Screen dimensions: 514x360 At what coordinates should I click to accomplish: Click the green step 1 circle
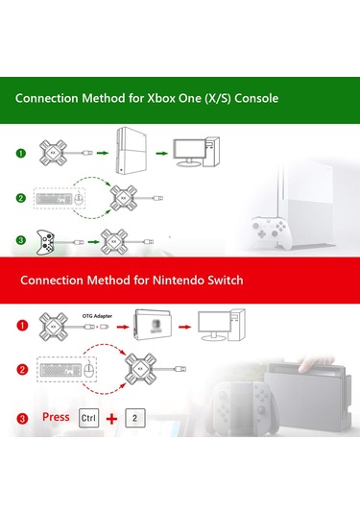pyautogui.click(x=21, y=152)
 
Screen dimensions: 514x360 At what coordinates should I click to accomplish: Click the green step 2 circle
pyautogui.click(x=21, y=198)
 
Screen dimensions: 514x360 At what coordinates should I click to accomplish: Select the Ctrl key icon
pyautogui.click(x=89, y=419)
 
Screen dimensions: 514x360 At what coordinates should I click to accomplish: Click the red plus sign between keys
pyautogui.click(x=113, y=419)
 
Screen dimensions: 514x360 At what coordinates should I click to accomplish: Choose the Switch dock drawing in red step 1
pyautogui.click(x=153, y=327)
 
